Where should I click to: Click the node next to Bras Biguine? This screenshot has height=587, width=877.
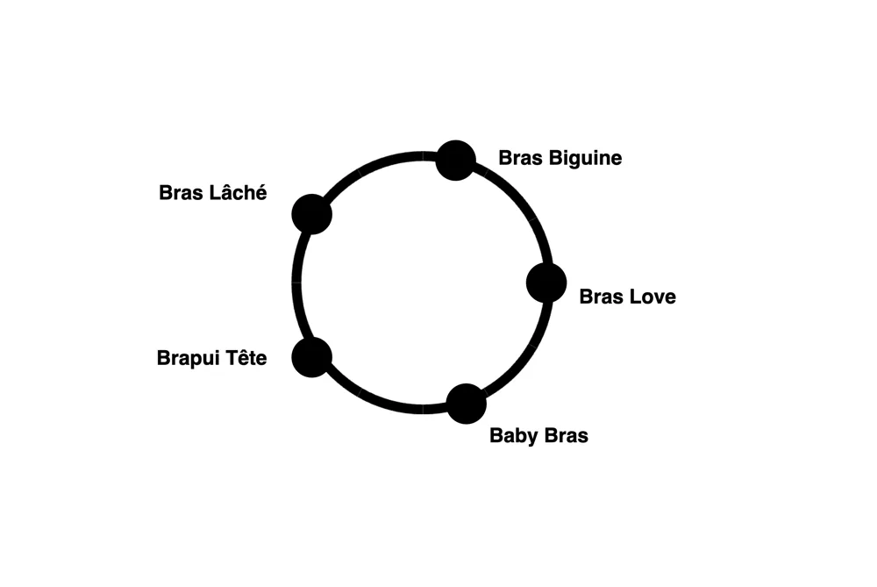456,161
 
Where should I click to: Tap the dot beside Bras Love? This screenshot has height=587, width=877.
546,283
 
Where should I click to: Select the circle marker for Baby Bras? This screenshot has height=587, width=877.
466,404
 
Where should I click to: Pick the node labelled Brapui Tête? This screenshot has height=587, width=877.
312,357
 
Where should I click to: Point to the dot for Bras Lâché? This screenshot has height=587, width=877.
312,214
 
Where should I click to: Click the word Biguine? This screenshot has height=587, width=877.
585,158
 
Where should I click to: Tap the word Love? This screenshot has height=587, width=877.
652,297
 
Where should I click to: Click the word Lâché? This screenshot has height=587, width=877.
238,192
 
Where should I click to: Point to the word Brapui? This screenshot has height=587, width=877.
187,358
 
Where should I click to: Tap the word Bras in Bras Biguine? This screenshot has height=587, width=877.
520,158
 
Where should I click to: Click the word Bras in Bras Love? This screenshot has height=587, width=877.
602,297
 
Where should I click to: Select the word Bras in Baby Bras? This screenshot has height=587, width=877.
565,436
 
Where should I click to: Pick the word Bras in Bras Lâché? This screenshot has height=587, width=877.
181,192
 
